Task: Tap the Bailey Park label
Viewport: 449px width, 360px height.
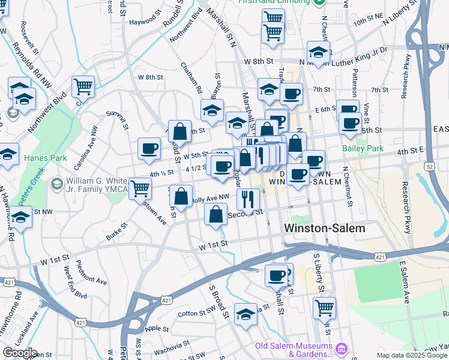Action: pyautogui.click(x=362, y=148)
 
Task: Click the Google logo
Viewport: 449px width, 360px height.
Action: pyautogui.click(x=20, y=353)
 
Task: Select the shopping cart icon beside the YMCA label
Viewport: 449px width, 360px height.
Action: pyautogui.click(x=140, y=188)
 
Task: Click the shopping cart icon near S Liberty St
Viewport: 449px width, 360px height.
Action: pyautogui.click(x=324, y=307)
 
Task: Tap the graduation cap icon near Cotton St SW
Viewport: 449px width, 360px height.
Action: pyautogui.click(x=245, y=314)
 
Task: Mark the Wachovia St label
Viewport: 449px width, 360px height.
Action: pyautogui.click(x=170, y=344)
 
